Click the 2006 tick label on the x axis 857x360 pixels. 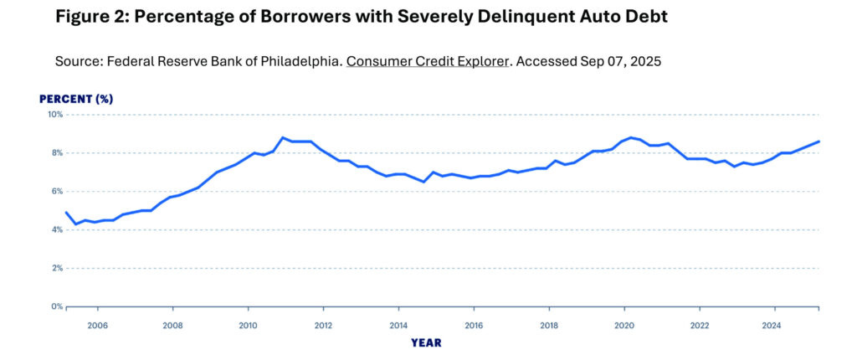(97, 326)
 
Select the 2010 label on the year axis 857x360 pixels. (248, 326)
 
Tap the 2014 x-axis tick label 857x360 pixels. (398, 326)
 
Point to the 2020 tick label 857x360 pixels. (624, 326)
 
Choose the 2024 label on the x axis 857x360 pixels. (773, 326)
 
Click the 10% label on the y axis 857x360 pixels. (55, 115)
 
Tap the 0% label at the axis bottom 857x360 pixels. (57, 306)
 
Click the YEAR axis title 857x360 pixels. (426, 342)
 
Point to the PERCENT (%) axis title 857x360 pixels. (76, 99)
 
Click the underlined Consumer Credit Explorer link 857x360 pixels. (427, 62)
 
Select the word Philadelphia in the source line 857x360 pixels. (297, 62)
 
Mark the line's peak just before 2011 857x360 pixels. (283, 137)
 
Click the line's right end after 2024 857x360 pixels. (819, 141)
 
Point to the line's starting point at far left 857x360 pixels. (66, 213)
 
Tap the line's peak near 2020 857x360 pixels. (630, 137)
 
